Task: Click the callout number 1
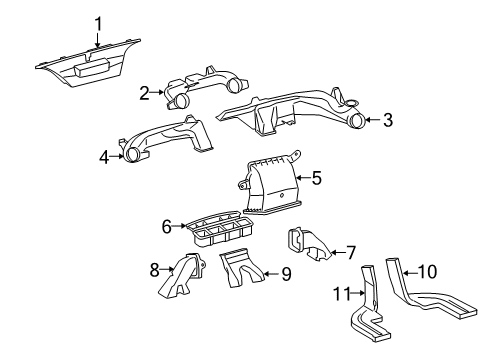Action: tap(98, 24)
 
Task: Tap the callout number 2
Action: tap(144, 93)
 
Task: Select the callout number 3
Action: tap(388, 121)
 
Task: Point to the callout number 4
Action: tap(104, 156)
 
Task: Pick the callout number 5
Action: tap(316, 178)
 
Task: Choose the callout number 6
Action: tap(167, 227)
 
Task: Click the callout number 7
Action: tap(351, 250)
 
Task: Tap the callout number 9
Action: tap(286, 272)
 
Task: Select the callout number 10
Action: tap(427, 271)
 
